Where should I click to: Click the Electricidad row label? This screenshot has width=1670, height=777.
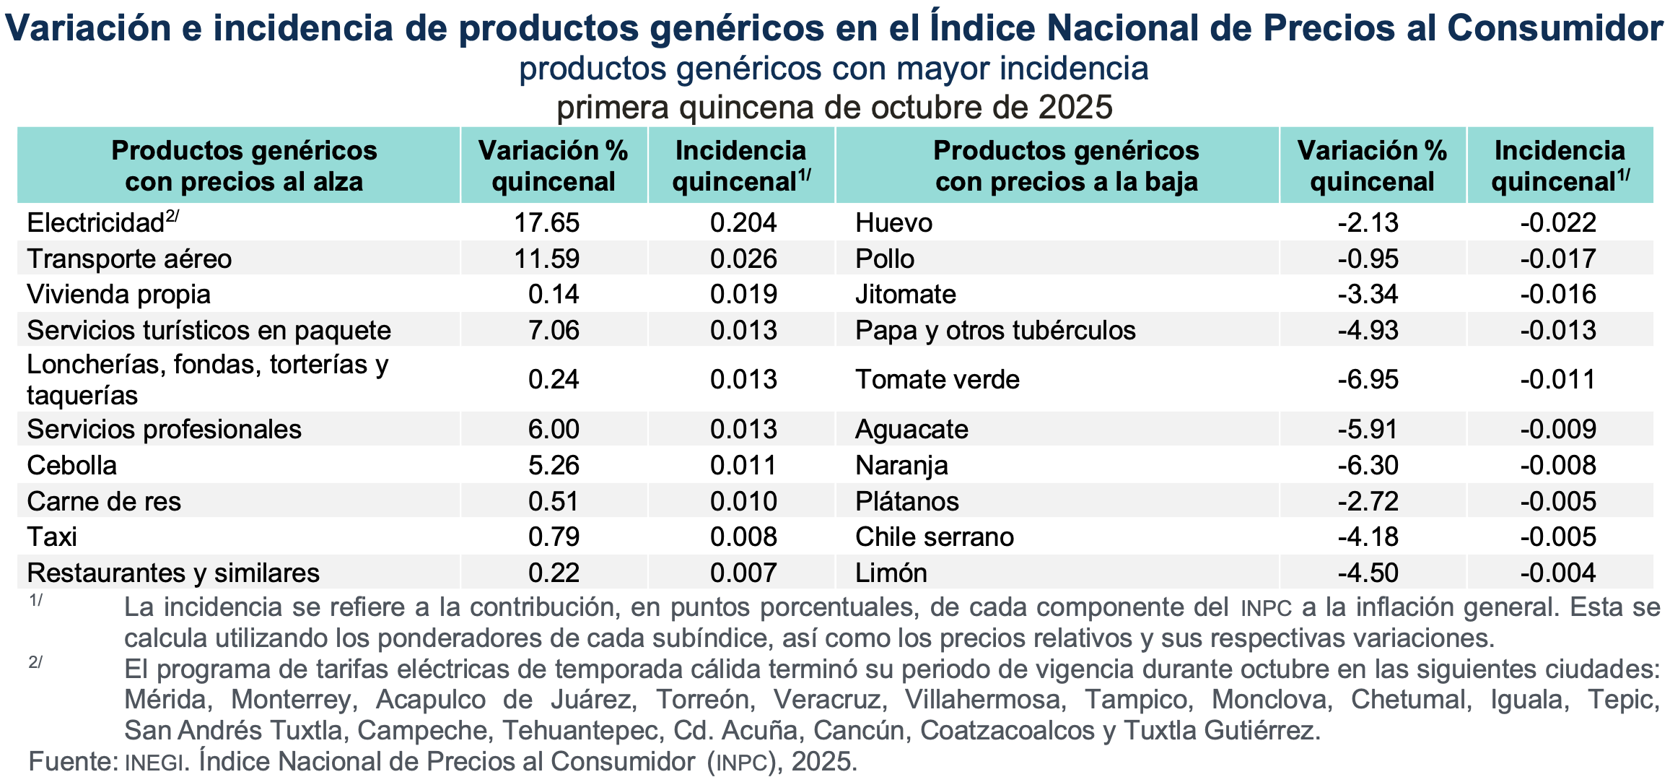tap(95, 222)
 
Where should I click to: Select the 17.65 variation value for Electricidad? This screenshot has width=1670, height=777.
tap(546, 222)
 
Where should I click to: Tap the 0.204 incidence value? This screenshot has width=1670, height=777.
tap(743, 222)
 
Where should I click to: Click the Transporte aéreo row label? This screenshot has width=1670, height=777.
tap(129, 259)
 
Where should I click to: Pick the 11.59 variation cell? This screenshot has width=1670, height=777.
tap(546, 259)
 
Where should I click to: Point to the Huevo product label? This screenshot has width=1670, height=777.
tap(893, 222)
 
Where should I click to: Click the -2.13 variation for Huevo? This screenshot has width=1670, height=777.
tap(1368, 222)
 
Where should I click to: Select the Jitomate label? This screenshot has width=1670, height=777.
tap(905, 295)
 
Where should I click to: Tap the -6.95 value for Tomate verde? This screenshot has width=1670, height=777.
tap(1368, 379)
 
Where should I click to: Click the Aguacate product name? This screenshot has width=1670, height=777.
tap(911, 429)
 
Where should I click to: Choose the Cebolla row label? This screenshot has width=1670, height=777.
tap(71, 465)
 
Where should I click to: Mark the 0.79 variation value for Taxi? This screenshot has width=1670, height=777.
tap(554, 537)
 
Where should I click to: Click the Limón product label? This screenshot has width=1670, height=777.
tap(891, 573)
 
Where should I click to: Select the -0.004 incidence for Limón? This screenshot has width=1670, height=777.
tap(1558, 573)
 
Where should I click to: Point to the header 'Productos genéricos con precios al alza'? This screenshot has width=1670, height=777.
tap(244, 165)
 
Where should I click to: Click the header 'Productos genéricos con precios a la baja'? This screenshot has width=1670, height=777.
tap(1066, 165)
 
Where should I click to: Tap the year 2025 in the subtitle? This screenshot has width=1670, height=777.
tap(1075, 108)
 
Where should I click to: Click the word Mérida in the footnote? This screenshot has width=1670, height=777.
tap(166, 699)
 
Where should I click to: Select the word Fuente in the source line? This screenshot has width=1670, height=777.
tap(72, 761)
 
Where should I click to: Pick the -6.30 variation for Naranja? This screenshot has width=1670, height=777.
tap(1368, 465)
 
